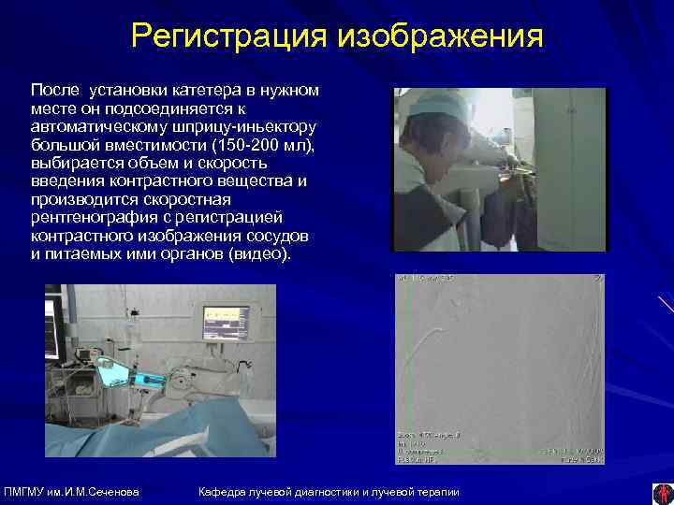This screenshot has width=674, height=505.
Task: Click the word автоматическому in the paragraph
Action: click(95, 125)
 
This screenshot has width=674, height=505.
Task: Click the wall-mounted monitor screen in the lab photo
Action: click(226, 321)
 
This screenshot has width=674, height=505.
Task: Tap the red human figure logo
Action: click(662, 493)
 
